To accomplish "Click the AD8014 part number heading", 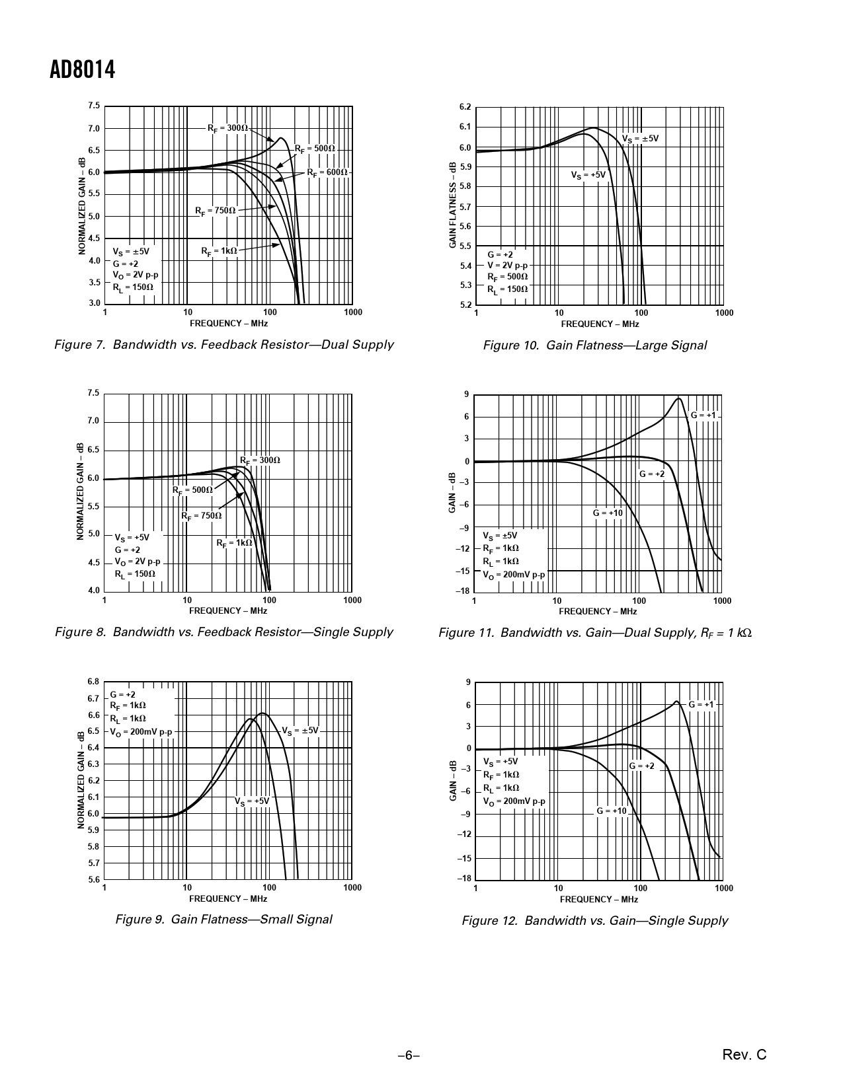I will pos(82,69).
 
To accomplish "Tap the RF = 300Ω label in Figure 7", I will pos(227,127).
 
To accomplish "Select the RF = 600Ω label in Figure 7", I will pos(327,172).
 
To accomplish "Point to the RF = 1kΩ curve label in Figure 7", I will pos(219,251).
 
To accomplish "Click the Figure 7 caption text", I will pos(223,344).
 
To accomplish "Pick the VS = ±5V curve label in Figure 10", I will pos(640,139).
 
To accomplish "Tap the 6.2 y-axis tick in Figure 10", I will pos(465,107).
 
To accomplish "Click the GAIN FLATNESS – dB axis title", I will pos(453,205).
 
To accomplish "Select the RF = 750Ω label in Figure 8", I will pos(202,516).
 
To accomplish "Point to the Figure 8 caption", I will pos(223,632).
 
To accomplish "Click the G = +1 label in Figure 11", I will pos(703,416).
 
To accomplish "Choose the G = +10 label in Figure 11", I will pos(608,513).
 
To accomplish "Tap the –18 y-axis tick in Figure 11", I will pos(463,591).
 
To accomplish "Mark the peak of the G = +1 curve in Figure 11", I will pos(678,398).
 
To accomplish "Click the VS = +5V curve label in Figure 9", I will pos(252,801).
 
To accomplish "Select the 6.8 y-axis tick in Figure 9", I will pos(93,682).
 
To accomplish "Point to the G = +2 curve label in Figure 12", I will pos(641,766).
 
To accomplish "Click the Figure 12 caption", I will pos(594,920).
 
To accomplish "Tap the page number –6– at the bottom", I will pos(409,1056).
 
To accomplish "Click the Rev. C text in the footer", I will pos(744,1055).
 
